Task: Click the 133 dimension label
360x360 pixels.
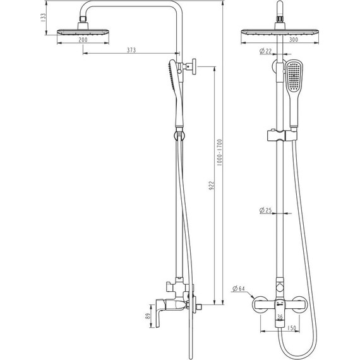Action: point(43,18)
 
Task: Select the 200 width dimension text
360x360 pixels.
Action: point(83,40)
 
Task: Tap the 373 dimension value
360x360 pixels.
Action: point(131,50)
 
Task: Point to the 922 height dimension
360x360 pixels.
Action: point(212,186)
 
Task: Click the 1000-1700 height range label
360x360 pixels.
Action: point(220,153)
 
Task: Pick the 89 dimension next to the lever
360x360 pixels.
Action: point(148,316)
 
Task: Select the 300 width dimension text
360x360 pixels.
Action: point(294,40)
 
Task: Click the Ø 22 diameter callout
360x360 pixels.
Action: point(266,51)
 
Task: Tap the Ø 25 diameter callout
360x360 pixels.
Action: point(266,210)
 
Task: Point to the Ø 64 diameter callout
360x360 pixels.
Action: point(239,289)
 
